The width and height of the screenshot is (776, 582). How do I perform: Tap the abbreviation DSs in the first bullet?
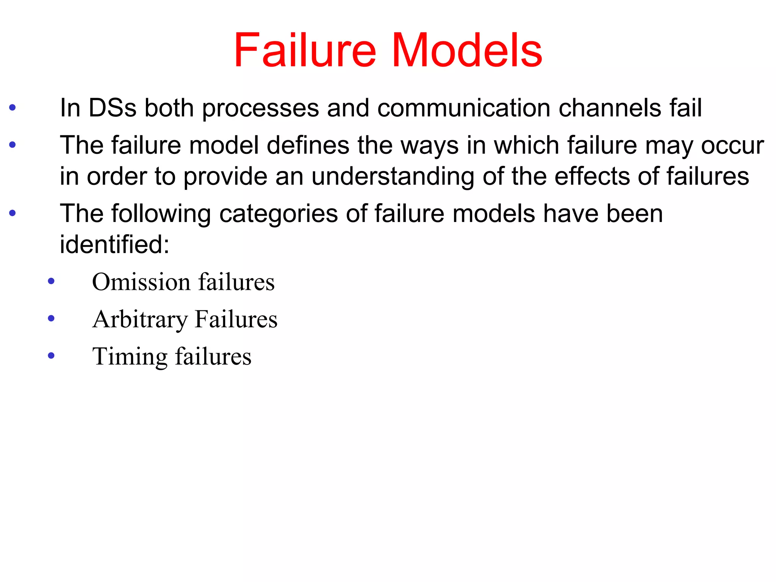point(112,108)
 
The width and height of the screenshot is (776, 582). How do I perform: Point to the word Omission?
point(141,282)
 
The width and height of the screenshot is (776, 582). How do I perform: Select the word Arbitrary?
point(140,319)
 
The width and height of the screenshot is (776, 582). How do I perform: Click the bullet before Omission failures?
point(51,282)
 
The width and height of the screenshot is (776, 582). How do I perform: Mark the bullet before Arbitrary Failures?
point(51,318)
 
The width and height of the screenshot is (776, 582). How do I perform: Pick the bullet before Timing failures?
point(51,355)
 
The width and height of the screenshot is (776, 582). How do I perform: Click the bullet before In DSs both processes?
point(13,108)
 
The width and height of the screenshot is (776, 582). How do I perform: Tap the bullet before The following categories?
point(13,213)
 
